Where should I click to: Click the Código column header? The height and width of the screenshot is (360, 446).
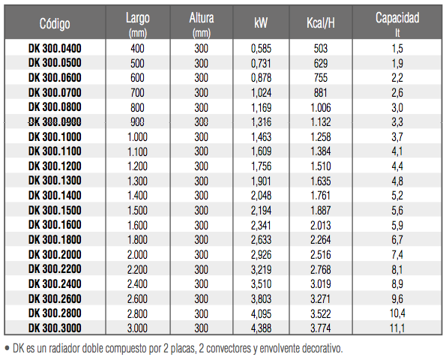coord(55,23)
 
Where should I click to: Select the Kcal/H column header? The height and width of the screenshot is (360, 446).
coord(321,23)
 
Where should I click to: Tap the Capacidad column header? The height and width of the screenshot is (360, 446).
coord(397,18)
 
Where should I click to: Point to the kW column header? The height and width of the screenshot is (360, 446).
coord(261,23)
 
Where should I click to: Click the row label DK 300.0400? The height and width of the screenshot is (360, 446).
coord(55,49)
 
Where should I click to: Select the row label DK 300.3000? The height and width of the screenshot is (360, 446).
coord(55,328)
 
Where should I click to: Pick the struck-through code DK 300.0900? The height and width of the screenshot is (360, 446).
coord(55,122)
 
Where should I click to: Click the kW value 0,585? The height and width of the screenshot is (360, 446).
coord(261,49)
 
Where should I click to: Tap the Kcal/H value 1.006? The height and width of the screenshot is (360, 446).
coord(321,107)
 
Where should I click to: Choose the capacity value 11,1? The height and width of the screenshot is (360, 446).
coord(397,328)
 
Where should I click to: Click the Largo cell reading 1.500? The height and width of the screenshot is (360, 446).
coord(137,210)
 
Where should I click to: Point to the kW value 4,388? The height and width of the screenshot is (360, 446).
coord(261,328)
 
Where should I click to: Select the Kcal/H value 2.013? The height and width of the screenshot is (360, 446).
coord(321,225)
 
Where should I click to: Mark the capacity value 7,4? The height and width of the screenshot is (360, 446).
coord(397,254)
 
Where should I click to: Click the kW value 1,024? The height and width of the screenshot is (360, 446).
coord(261,93)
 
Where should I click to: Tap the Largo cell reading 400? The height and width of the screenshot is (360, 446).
coord(137,49)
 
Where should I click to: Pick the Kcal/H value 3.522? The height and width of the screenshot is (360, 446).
coord(321,313)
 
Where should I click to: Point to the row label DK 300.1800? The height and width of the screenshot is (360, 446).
coord(55,239)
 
